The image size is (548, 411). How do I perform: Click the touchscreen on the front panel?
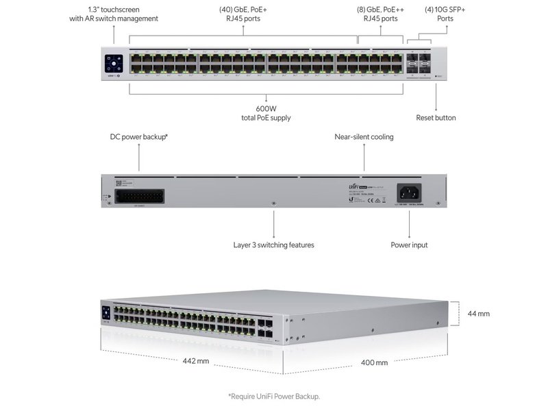click(x=114, y=62)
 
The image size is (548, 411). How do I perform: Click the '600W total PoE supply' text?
click(x=266, y=113)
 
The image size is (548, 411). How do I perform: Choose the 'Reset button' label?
click(x=436, y=118)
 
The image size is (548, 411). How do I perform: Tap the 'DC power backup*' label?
click(x=139, y=137)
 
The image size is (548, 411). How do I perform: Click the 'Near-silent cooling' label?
click(x=364, y=137)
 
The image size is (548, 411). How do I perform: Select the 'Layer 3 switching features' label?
click(x=274, y=245)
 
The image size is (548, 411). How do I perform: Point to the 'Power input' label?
click(x=410, y=245)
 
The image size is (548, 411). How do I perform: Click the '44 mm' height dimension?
click(x=479, y=314)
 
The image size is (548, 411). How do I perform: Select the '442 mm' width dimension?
click(x=196, y=361)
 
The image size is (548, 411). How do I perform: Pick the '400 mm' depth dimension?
click(x=374, y=362)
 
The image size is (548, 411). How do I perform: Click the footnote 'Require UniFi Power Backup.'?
click(x=274, y=396)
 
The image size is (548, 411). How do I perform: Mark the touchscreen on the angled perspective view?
click(x=106, y=312)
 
